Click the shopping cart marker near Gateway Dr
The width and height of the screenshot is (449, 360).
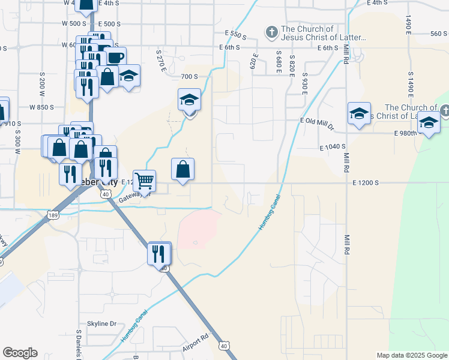click(x=144, y=180)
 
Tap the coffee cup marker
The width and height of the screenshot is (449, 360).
click(x=115, y=58)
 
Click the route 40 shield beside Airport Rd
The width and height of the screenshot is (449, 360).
click(x=224, y=346)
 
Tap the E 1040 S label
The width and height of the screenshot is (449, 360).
click(x=334, y=146)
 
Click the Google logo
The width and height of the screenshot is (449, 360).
click(x=20, y=353)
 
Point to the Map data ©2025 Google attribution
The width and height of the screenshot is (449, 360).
click(x=411, y=355)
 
